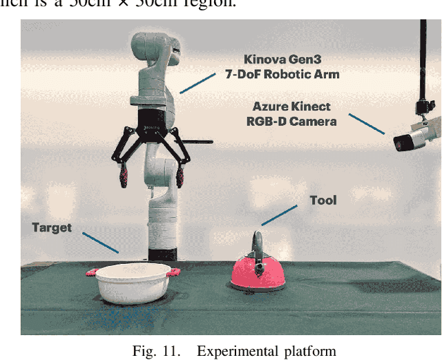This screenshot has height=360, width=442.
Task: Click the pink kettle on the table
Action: pos(258,274)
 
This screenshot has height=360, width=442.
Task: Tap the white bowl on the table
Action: pos(133,284)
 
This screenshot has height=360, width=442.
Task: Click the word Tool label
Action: pos(323,200)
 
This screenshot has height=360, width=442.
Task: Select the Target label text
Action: pos(52,227)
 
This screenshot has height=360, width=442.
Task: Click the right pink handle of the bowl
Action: pos(175,271)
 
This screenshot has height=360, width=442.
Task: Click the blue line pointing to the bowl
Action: pos(100,242)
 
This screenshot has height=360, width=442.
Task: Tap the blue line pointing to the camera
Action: pos(366,123)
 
